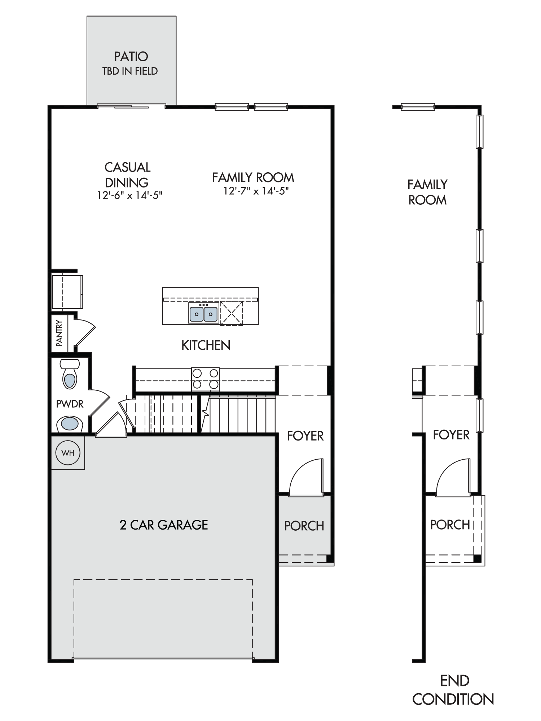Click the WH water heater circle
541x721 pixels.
(x=68, y=453)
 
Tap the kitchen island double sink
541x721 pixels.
(x=203, y=313)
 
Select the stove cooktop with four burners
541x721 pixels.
(x=205, y=379)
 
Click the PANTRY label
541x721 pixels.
(x=59, y=333)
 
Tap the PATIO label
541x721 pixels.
(x=131, y=57)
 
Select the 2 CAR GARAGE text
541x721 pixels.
(x=164, y=525)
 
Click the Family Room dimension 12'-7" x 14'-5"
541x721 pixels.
(x=256, y=191)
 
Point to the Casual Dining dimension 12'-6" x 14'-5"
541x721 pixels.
(x=130, y=195)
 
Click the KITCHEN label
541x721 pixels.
(x=206, y=345)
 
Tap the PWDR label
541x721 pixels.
(x=70, y=404)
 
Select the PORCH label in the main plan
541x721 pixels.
(x=304, y=526)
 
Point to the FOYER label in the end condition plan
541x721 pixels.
(x=451, y=435)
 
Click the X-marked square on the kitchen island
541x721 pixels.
(x=231, y=313)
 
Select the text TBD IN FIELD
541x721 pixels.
(x=130, y=71)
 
